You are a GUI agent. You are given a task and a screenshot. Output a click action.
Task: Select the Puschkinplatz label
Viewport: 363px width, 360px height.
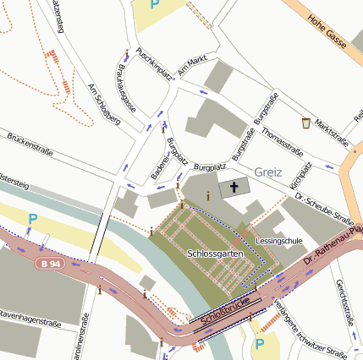[x=155, y=63]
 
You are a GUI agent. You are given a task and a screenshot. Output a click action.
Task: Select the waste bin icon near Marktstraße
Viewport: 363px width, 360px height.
[x=305, y=123]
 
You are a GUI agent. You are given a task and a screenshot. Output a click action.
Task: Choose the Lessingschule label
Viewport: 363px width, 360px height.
[x=278, y=240]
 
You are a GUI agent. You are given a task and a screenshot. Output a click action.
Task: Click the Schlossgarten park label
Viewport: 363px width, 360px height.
[x=210, y=254]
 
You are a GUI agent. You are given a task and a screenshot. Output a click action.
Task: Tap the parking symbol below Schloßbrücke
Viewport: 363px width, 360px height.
[x=260, y=344]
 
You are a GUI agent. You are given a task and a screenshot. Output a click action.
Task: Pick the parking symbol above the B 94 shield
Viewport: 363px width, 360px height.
[x=32, y=220]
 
